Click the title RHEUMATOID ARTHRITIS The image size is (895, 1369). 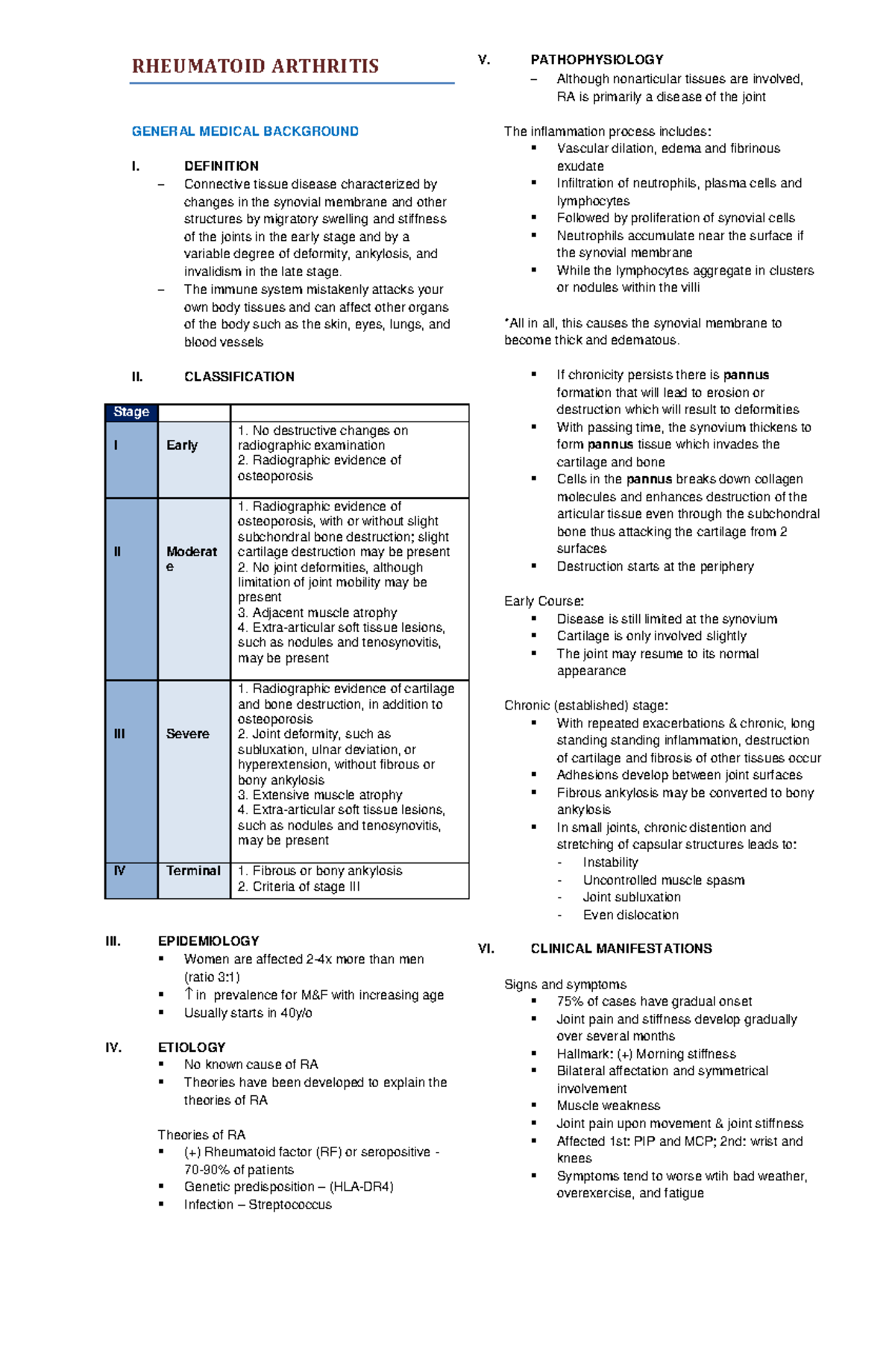click(x=255, y=66)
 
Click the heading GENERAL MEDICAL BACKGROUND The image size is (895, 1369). click(x=245, y=131)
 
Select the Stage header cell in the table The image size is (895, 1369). click(x=131, y=412)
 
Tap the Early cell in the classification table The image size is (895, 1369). click(x=182, y=445)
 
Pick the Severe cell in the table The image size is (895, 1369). click(x=187, y=734)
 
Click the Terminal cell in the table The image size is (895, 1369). click(x=193, y=871)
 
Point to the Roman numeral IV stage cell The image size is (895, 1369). click(x=119, y=871)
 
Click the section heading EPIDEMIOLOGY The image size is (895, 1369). click(x=208, y=941)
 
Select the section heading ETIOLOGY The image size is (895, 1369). click(x=192, y=1047)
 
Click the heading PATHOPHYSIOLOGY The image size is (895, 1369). click(x=597, y=60)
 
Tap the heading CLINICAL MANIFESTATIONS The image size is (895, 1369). click(x=621, y=948)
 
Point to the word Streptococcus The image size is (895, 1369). click(x=290, y=1204)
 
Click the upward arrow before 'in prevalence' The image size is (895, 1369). click(x=189, y=994)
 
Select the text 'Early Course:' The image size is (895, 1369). click(x=544, y=601)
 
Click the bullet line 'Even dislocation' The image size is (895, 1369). click(x=630, y=915)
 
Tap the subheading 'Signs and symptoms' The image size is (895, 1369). click(x=565, y=984)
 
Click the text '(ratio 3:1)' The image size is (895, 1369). click(x=212, y=977)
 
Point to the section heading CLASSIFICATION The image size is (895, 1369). click(x=239, y=377)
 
